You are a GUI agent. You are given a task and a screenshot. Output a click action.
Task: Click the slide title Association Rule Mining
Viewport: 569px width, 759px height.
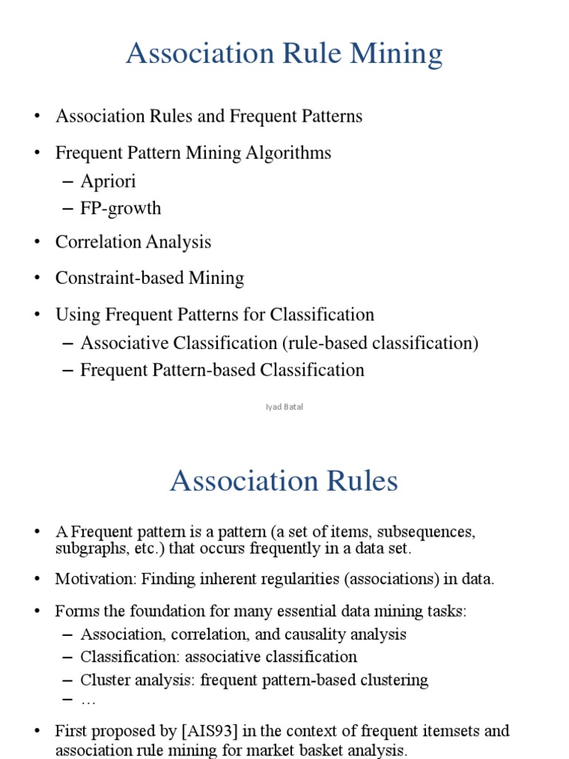click(x=284, y=54)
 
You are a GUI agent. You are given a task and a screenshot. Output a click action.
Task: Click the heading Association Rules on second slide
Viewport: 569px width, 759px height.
click(x=284, y=482)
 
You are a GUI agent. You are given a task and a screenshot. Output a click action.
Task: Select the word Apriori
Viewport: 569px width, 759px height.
click(x=108, y=182)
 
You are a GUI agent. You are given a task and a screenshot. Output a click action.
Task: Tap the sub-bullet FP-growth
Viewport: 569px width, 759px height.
click(x=121, y=208)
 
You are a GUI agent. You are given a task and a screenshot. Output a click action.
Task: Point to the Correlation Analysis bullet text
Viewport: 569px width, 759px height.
click(x=133, y=242)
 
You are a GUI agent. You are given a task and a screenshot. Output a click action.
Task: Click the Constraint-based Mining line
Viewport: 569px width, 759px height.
click(x=150, y=279)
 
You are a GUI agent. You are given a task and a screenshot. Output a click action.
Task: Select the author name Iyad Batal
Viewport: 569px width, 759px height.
click(x=284, y=407)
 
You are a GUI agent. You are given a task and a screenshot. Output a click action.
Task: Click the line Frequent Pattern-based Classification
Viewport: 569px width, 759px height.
click(x=222, y=370)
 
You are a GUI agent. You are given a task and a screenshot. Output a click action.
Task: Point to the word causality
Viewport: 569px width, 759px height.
click(x=323, y=634)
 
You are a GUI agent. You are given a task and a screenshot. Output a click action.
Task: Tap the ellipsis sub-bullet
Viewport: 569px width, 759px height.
click(x=88, y=700)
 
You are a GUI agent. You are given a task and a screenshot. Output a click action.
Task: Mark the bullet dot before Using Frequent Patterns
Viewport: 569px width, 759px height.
click(x=36, y=315)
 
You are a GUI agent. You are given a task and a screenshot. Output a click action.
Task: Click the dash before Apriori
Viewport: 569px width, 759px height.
click(x=69, y=182)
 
